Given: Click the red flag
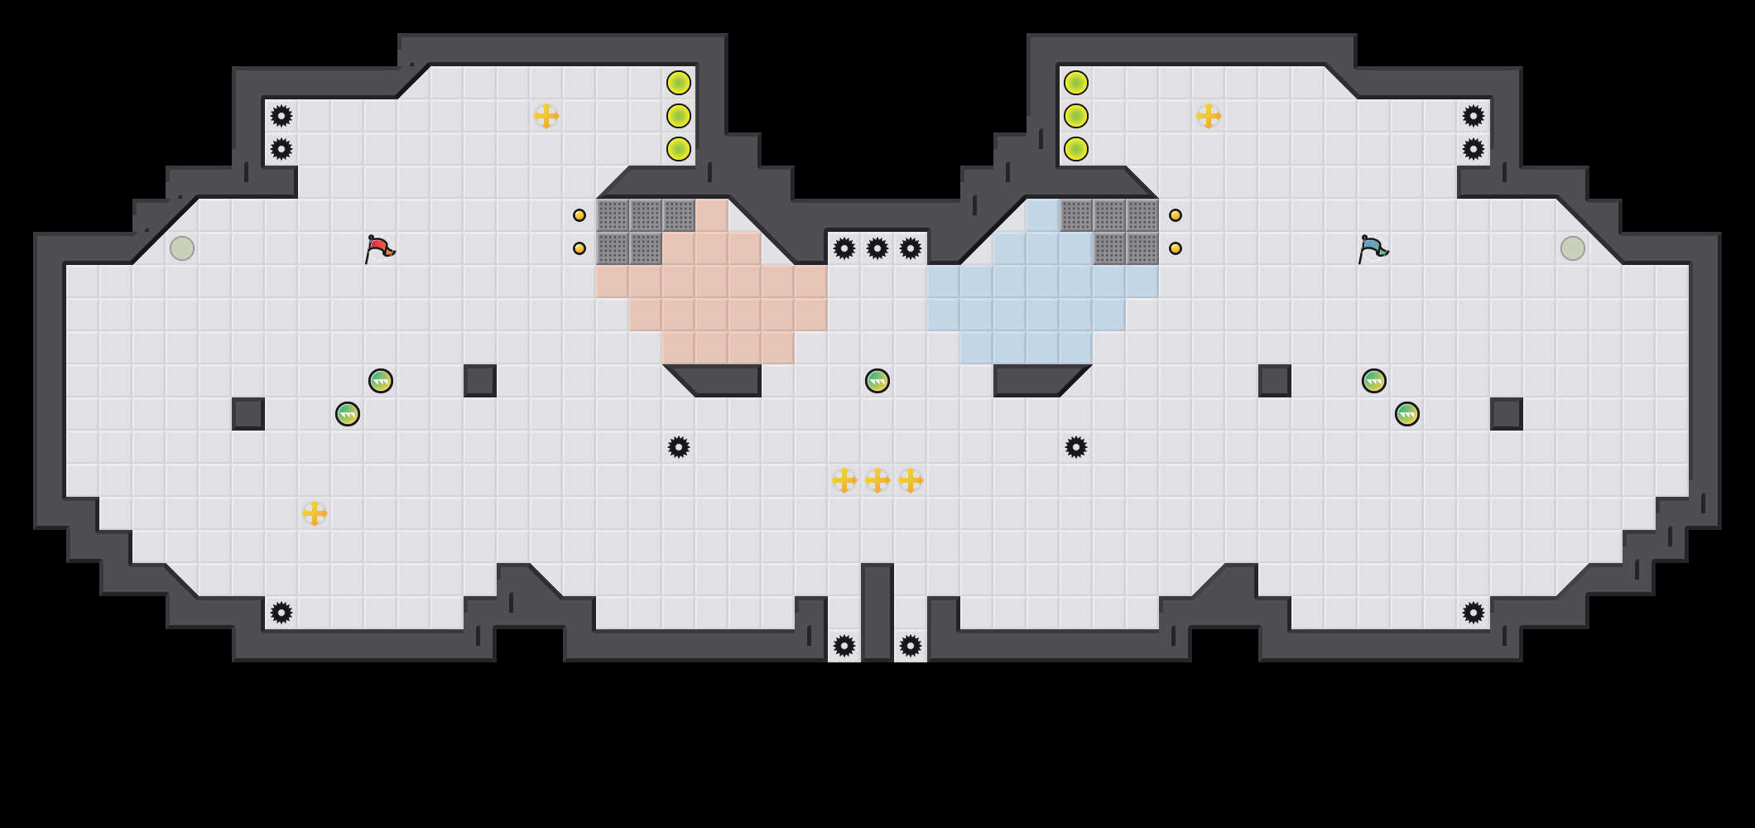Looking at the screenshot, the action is click(x=379, y=248).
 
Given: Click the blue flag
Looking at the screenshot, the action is click(x=1373, y=248).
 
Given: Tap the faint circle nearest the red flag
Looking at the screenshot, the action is click(x=182, y=248).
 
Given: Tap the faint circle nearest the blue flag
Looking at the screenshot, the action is click(x=1573, y=248).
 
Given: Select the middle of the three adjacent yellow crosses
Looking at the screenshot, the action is click(x=877, y=480).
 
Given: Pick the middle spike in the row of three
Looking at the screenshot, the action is click(x=877, y=248).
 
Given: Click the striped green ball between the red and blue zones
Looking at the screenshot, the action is click(x=877, y=381).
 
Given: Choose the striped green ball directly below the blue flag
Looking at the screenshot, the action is click(x=1374, y=381).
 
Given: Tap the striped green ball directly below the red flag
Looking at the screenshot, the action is click(x=381, y=381).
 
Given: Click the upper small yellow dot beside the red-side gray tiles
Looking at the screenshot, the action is click(x=579, y=215).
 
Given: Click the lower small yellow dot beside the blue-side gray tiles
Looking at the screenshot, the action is click(x=1176, y=248).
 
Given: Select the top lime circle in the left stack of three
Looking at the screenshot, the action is click(x=679, y=83).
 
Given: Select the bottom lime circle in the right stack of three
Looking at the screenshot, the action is click(x=1076, y=149).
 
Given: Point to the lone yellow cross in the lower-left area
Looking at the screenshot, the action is click(x=315, y=513).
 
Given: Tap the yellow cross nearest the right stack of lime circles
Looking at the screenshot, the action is click(x=1209, y=116).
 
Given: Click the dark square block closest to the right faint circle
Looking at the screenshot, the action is click(x=1507, y=414).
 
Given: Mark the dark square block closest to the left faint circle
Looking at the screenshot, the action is click(x=248, y=414).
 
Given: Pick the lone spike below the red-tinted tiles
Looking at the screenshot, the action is click(x=679, y=447).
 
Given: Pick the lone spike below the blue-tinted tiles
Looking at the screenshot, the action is click(x=1076, y=447).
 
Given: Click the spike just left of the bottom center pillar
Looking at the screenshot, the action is click(x=844, y=646).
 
